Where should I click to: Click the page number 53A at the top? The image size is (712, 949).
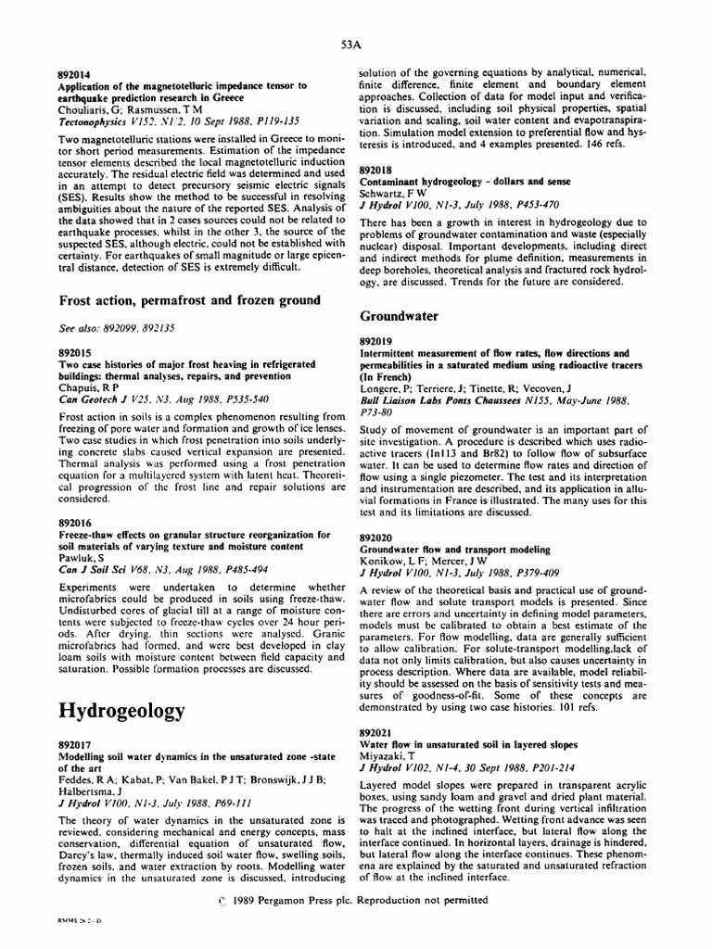click(x=350, y=44)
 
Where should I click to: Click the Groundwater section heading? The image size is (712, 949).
click(x=399, y=317)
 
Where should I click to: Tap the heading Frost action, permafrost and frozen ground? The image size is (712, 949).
click(x=190, y=299)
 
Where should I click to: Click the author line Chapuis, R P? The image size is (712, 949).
click(x=92, y=386)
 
